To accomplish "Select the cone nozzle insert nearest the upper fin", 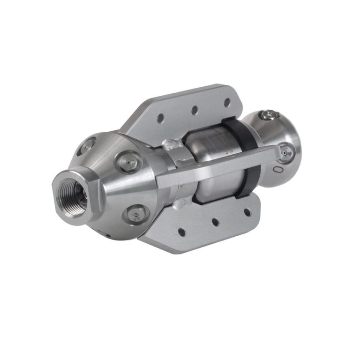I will (126, 162).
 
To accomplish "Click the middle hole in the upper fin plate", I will (194, 110).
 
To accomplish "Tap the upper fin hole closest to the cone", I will (160, 120).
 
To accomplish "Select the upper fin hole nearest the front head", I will (227, 101).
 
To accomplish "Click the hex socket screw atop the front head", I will (268, 115).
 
